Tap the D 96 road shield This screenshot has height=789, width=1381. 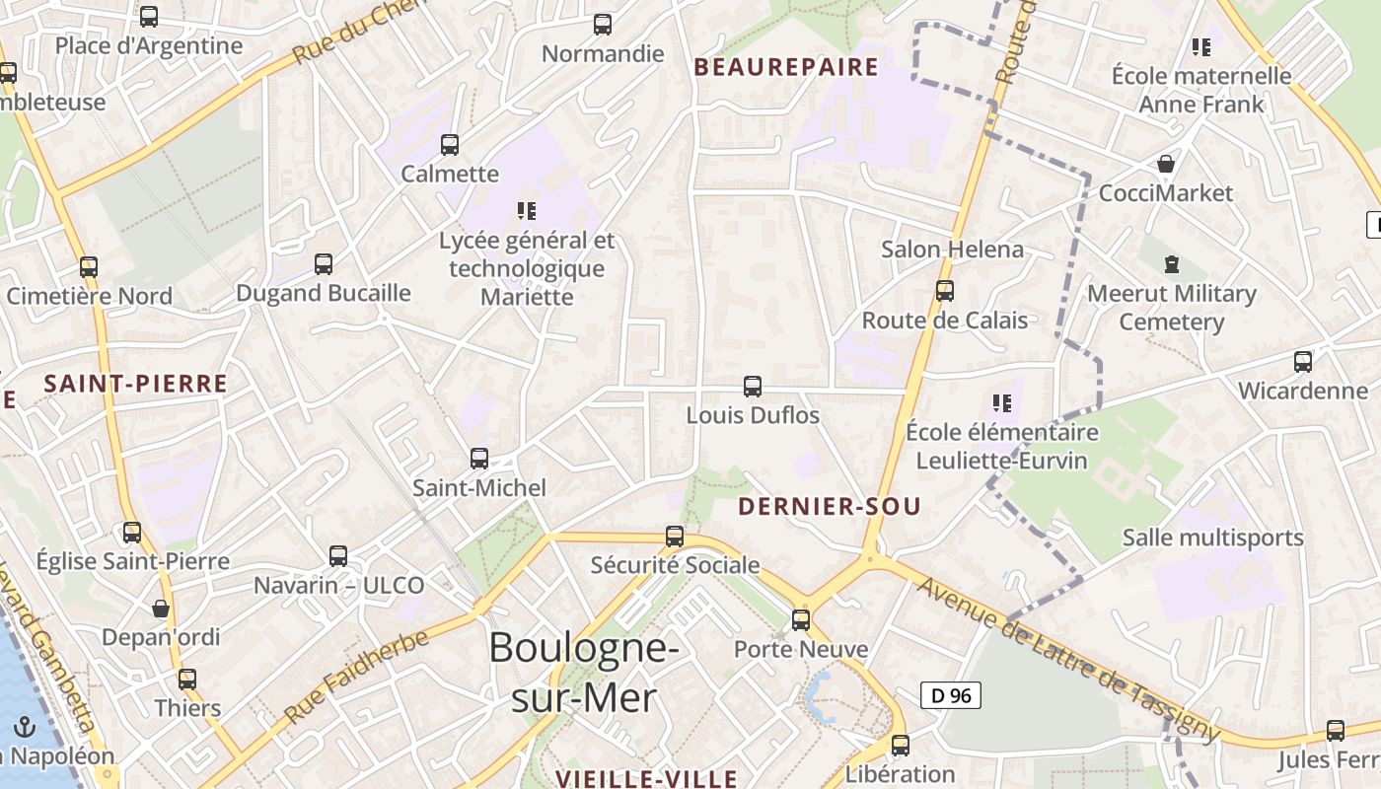tap(952, 695)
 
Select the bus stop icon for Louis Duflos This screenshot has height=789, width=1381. tap(753, 387)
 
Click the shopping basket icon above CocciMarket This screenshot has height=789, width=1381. tap(1166, 164)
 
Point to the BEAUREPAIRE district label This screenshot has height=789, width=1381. tap(786, 67)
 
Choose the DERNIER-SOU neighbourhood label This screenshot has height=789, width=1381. tap(830, 507)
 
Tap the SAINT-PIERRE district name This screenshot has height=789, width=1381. tap(136, 384)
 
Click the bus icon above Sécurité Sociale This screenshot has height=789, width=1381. tap(675, 537)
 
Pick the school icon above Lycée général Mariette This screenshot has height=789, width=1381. tap(526, 210)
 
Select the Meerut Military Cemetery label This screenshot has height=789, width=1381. tap(1172, 308)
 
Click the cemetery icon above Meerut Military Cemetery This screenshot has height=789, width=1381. tap(1171, 264)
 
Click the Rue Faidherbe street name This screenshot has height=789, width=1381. tap(357, 675)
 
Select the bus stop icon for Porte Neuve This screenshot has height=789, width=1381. tap(801, 620)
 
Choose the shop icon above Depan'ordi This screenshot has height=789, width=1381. tap(161, 609)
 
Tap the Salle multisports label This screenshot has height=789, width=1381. tap(1213, 538)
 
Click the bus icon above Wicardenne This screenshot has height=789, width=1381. tap(1303, 362)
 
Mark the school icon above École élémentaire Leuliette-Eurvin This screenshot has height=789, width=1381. tap(1002, 402)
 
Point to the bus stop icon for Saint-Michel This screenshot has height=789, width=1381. tap(479, 459)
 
